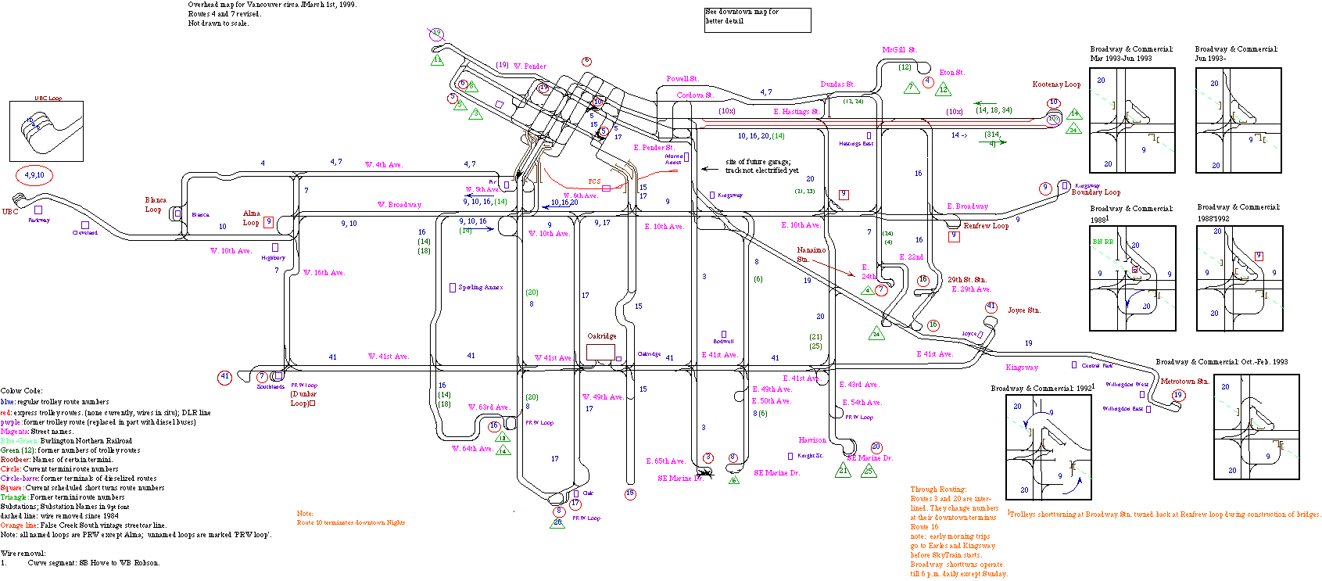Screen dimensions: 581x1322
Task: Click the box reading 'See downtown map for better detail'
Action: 757,20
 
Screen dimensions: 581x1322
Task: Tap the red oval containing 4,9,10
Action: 34,175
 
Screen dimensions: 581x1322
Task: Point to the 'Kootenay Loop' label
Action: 1056,84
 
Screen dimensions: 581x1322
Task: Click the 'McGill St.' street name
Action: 899,50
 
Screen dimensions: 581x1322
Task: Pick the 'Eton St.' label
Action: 951,73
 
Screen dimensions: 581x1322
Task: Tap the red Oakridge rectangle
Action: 600,352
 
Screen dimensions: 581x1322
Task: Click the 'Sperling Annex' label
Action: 480,288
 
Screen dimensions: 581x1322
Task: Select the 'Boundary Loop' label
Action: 1095,192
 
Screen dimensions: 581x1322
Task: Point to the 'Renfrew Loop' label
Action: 986,226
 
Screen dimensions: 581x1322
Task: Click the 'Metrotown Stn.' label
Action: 1184,382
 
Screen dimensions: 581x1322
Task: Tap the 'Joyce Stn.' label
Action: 1023,310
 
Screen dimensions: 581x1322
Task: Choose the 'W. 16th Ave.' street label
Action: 324,273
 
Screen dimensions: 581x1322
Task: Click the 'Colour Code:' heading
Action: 21,391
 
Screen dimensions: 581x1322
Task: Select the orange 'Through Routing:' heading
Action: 938,490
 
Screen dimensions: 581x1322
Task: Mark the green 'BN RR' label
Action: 1103,242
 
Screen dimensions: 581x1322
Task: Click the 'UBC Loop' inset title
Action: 48,99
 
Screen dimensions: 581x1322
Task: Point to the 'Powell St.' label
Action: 682,79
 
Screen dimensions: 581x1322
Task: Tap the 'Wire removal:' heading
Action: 23,554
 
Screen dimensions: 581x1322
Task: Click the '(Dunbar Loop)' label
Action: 303,399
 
